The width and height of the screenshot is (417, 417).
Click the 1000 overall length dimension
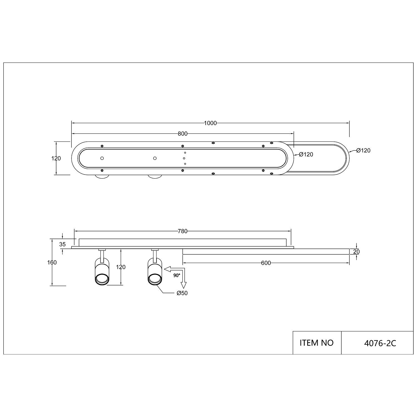(x=210, y=123)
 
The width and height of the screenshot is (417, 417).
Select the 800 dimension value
(x=183, y=134)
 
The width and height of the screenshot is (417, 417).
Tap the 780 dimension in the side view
(x=183, y=231)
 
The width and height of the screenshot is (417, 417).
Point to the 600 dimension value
(x=266, y=263)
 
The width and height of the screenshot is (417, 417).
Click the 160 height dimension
(x=52, y=262)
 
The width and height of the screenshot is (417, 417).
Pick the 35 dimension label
(x=63, y=244)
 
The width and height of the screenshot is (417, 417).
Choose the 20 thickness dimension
(x=357, y=252)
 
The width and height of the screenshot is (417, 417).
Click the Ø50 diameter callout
(x=182, y=293)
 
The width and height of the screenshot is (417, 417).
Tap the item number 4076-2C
(x=380, y=343)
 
